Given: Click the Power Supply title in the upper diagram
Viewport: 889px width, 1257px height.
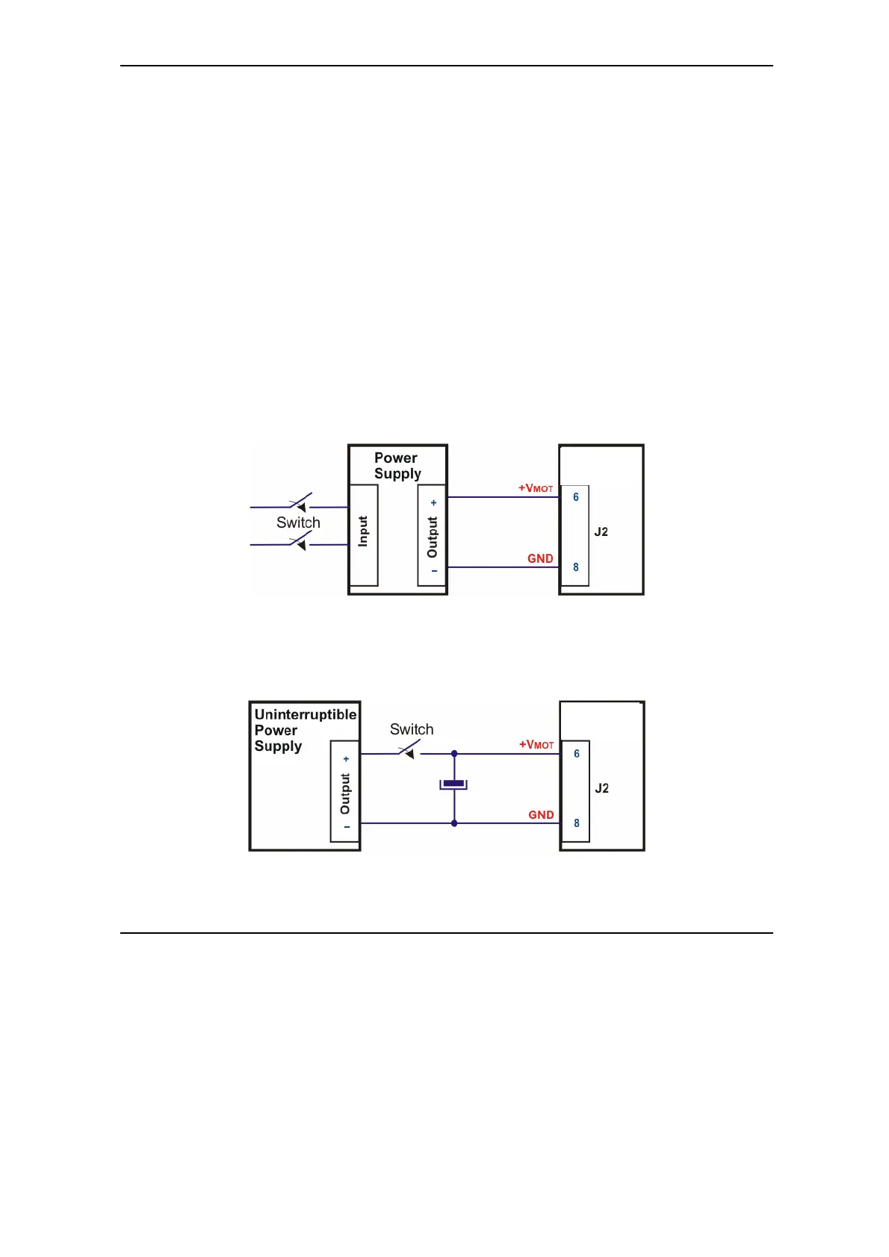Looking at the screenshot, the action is [397, 466].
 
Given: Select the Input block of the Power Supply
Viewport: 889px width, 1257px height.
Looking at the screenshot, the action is [363, 534].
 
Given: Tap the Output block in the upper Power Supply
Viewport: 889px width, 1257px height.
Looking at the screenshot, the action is [433, 534].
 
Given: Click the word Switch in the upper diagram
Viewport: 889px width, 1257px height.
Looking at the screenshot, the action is [298, 523].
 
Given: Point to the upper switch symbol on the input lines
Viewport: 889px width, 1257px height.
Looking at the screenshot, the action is [300, 502].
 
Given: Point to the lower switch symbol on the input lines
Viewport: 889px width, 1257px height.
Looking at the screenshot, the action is [300, 540].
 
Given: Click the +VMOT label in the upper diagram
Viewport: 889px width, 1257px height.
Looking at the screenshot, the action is [536, 488].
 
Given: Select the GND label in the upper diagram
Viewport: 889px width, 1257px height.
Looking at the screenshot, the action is [540, 558].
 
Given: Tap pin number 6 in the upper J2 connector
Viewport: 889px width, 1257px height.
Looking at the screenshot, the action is [576, 497].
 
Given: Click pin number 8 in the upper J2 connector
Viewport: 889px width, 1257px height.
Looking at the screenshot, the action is [576, 567].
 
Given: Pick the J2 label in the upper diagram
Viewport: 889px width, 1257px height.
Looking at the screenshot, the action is [601, 532].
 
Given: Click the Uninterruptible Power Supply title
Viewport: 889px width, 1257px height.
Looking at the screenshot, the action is [305, 730].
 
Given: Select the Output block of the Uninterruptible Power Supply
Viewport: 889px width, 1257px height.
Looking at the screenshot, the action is [345, 791].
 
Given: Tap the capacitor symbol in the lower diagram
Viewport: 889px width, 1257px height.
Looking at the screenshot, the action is [453, 784].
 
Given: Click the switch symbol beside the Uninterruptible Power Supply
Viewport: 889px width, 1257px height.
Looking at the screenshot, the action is [409, 750].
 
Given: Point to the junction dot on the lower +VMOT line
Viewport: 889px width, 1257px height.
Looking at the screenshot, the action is [454, 754].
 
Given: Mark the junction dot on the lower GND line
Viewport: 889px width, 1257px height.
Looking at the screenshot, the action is [454, 823].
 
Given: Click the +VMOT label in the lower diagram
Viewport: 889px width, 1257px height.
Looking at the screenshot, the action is [536, 745].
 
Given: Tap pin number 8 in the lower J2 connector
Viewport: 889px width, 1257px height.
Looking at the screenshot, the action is [577, 823].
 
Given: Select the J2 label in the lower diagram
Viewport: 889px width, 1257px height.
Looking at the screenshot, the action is [602, 788].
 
